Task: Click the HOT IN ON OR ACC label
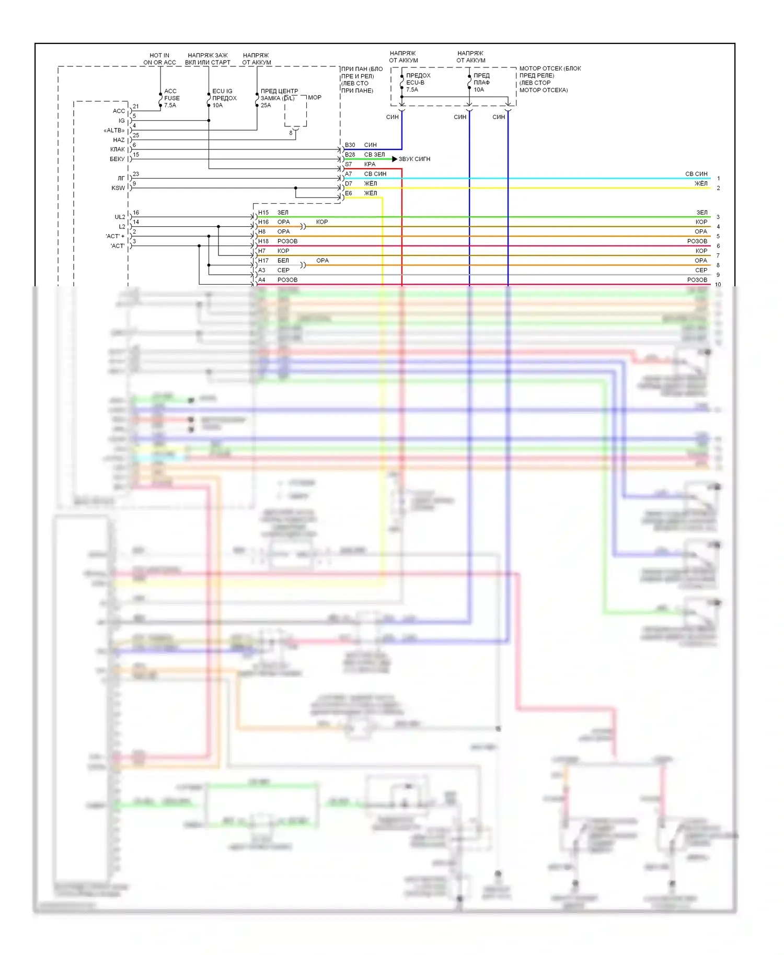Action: click(159, 59)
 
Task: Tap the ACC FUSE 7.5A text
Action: click(171, 98)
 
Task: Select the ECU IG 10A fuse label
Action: click(224, 98)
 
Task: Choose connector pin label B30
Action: click(350, 145)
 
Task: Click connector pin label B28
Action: click(350, 155)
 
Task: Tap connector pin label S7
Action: click(348, 164)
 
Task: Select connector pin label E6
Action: click(348, 193)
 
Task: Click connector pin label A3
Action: click(261, 270)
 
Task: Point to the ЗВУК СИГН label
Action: click(414, 159)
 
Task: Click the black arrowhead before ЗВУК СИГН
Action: click(395, 159)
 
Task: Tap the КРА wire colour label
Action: click(370, 164)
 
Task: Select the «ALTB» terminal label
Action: click(114, 130)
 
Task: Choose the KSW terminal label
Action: click(118, 188)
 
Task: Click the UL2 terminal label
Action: click(120, 217)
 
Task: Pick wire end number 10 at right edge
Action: click(718, 285)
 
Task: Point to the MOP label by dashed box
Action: click(315, 98)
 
